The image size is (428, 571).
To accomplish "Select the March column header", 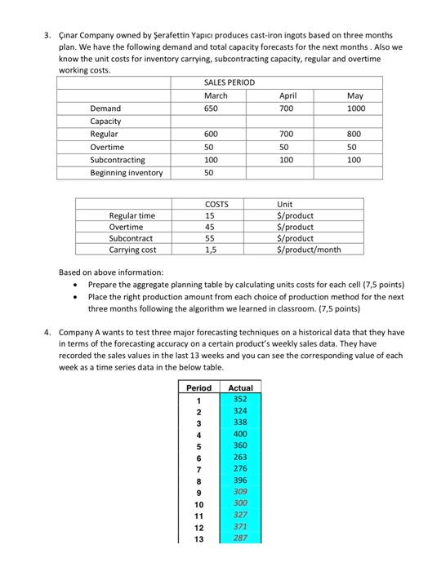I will point(216,95).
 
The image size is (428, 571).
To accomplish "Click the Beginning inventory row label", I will point(126,172).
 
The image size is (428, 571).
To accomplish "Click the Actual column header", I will point(241,387).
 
